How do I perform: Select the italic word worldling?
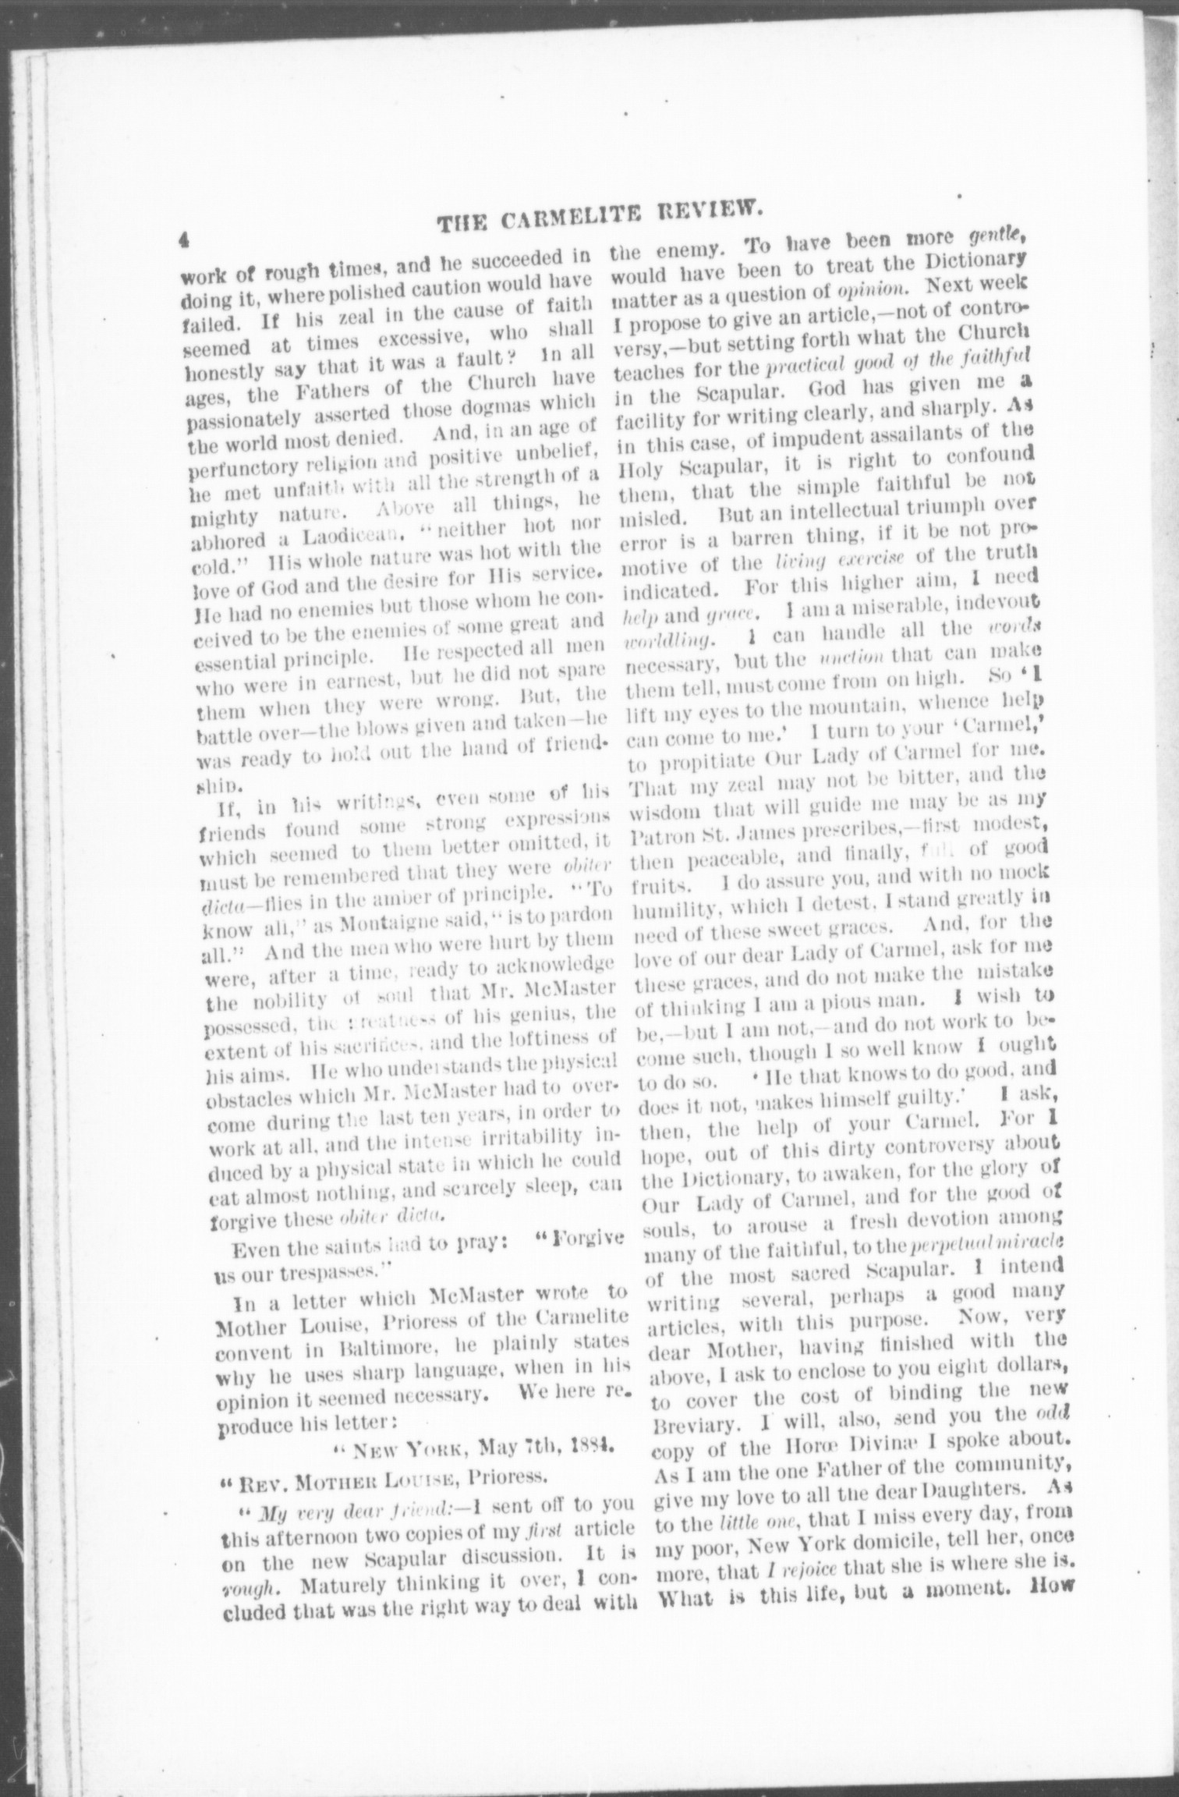pyautogui.click(x=671, y=642)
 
